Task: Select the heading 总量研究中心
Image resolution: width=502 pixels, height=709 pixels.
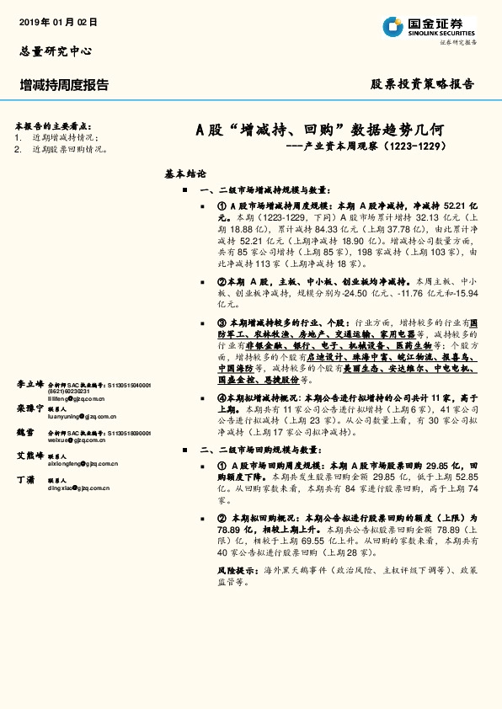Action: [x=55, y=51]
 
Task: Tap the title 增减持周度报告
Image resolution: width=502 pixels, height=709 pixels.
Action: [x=64, y=84]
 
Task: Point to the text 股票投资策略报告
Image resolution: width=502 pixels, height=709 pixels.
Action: [x=423, y=84]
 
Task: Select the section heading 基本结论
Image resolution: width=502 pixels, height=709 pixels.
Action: [x=185, y=173]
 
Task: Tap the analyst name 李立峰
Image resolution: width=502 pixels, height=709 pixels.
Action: [x=29, y=384]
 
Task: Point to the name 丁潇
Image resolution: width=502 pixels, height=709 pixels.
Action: [x=25, y=478]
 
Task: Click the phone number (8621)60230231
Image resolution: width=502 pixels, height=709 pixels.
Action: [x=71, y=391]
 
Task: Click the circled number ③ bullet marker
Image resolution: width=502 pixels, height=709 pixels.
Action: [x=222, y=323]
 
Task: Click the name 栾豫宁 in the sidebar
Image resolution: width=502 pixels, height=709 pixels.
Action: [x=29, y=408]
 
